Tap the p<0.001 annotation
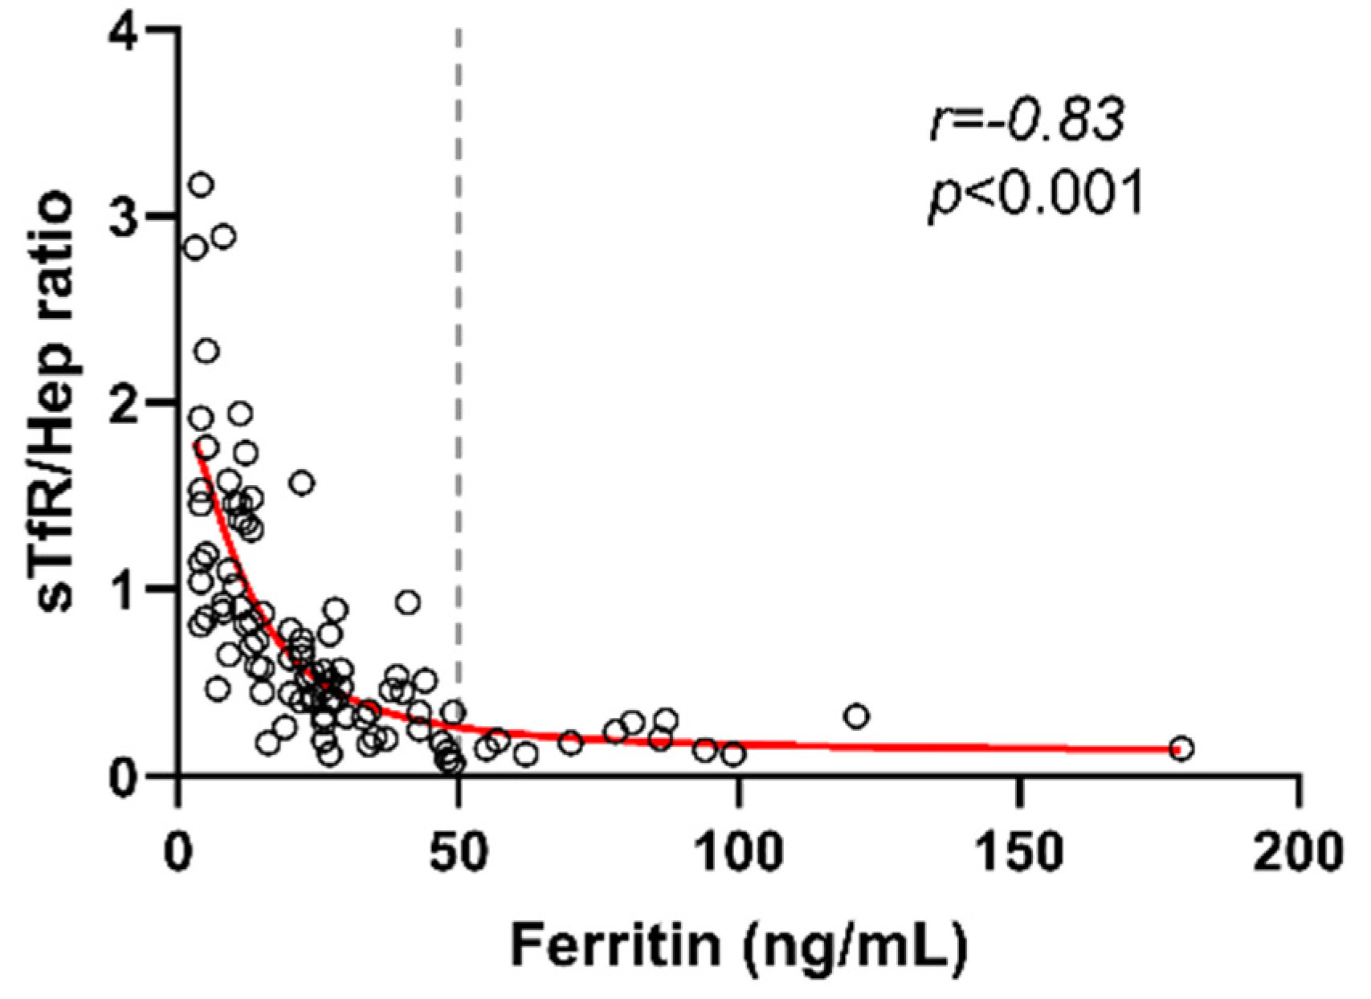(x=1036, y=195)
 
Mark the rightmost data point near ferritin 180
(x=1181, y=748)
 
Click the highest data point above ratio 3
(x=201, y=185)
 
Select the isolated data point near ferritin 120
(x=857, y=716)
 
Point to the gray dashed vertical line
(x=459, y=321)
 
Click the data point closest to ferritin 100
(x=732, y=754)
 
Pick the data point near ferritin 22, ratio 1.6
(x=302, y=483)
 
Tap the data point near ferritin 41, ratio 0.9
(x=408, y=602)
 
